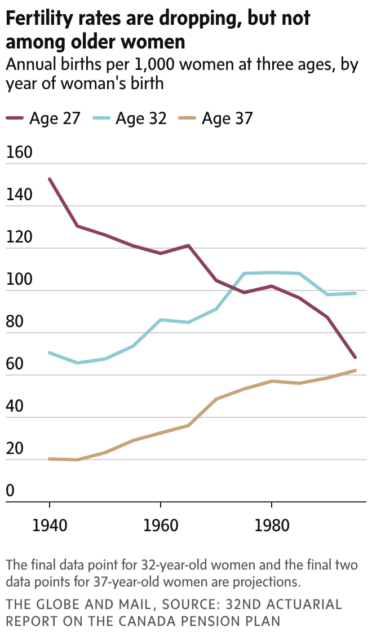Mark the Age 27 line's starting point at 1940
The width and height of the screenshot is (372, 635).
click(x=50, y=179)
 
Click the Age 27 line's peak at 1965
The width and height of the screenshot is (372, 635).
click(x=188, y=245)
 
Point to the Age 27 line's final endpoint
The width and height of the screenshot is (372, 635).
click(x=355, y=358)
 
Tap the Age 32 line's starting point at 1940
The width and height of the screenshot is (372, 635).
click(x=50, y=352)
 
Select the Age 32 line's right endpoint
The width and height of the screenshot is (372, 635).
click(x=355, y=293)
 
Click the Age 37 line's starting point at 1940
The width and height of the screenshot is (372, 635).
click(x=50, y=459)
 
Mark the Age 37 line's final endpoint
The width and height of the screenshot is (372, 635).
click(x=355, y=371)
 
